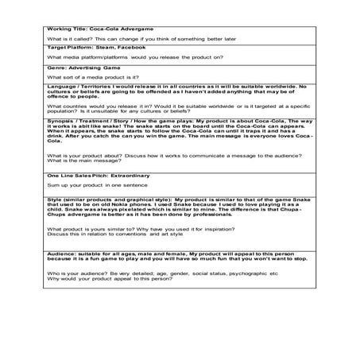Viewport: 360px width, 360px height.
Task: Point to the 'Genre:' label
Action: click(56, 68)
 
